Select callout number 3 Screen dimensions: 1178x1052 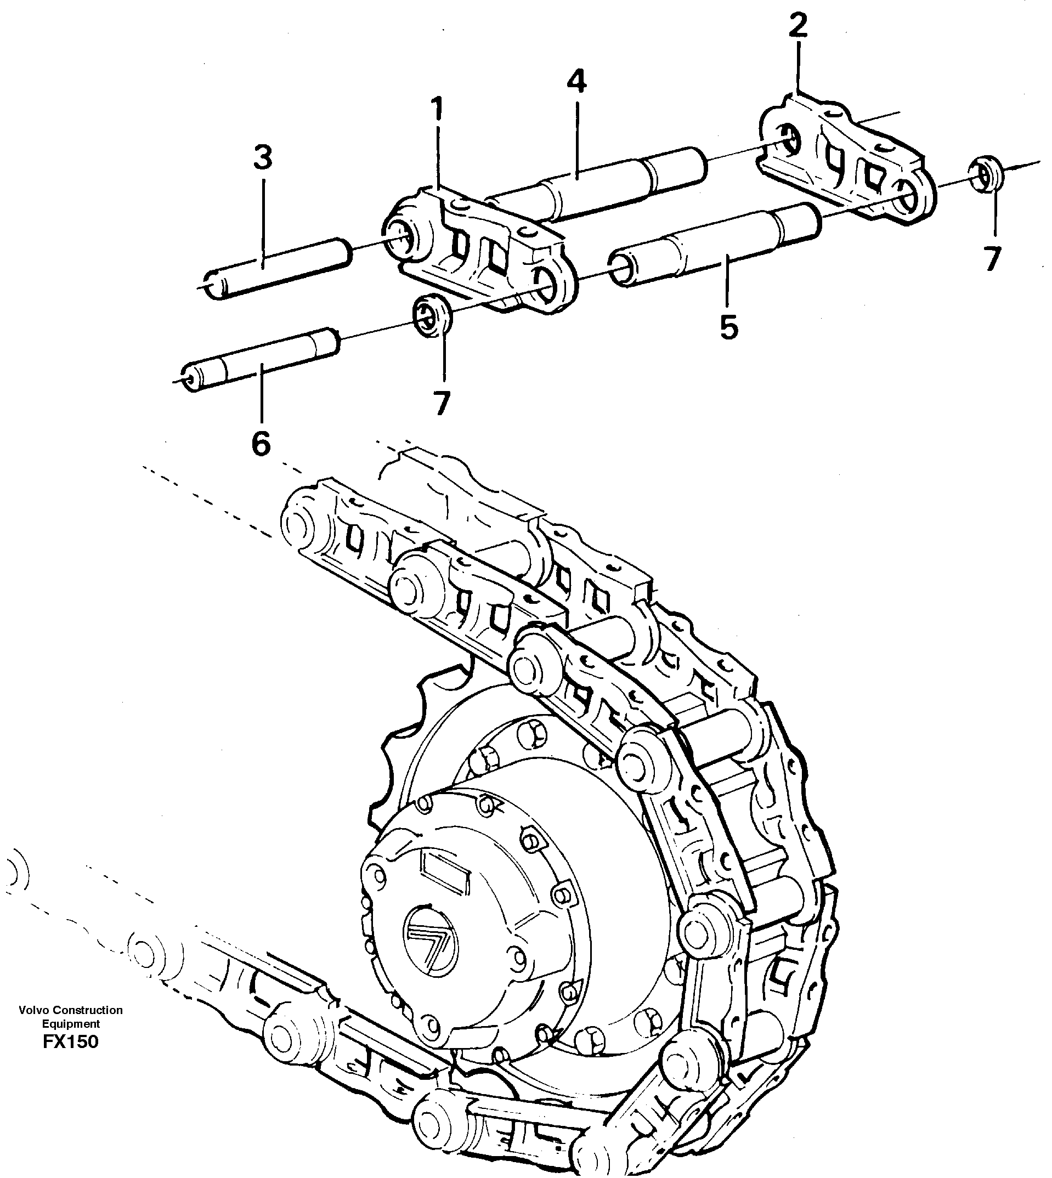pos(263,157)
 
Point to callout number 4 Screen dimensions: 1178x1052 pos(576,82)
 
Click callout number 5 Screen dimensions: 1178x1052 pos(728,328)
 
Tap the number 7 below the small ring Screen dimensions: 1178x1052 pos(442,403)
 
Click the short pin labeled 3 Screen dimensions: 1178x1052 pos(278,268)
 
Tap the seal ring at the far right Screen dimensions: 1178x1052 pos(986,173)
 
